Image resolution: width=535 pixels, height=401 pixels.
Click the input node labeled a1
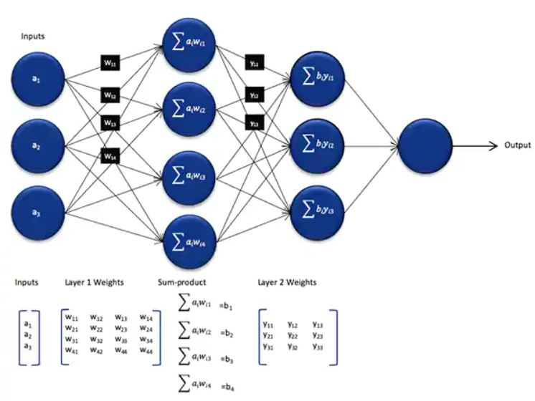click(x=37, y=78)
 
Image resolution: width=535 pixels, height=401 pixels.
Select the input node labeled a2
click(x=37, y=145)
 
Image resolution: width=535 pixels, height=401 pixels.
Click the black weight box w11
click(x=110, y=62)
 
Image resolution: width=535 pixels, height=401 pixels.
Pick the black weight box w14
click(x=110, y=153)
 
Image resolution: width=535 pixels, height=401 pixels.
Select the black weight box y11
click(x=253, y=63)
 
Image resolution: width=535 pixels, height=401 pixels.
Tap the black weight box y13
click(x=253, y=123)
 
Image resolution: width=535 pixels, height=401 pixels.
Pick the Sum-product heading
click(x=182, y=282)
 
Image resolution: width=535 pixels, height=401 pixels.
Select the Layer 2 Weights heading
click(x=287, y=282)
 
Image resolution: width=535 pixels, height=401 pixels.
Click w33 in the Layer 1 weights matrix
click(x=121, y=339)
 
